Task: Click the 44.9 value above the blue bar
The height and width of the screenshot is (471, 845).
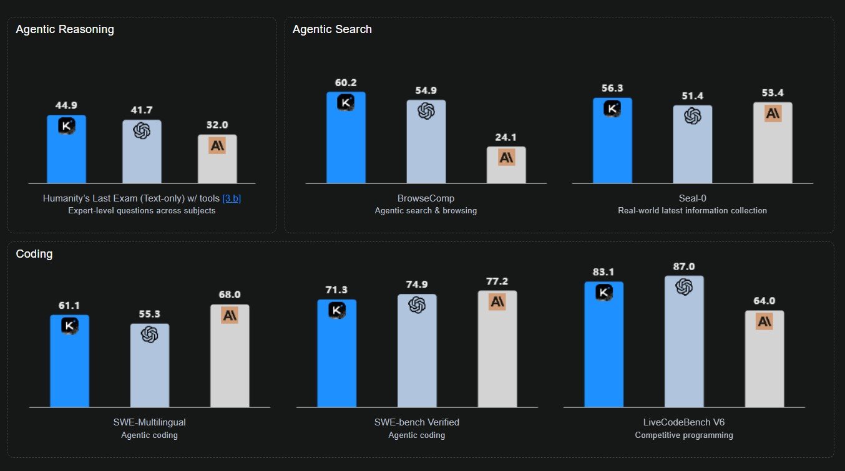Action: [66, 105]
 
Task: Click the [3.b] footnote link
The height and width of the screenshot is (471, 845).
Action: [232, 198]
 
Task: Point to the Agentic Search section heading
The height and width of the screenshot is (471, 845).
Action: [332, 29]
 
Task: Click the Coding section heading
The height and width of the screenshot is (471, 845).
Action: [34, 254]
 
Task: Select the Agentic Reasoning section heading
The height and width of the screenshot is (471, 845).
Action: [65, 29]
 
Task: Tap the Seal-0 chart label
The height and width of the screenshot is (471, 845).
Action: [692, 198]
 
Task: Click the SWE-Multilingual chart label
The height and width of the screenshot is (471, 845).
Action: [149, 422]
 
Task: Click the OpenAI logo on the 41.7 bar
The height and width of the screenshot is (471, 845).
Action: [142, 130]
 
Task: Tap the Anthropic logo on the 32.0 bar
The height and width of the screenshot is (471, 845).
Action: [217, 145]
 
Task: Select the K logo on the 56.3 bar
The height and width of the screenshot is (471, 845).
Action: [612, 109]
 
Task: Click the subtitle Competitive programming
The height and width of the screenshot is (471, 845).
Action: [684, 435]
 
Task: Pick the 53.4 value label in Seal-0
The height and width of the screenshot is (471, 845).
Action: [773, 93]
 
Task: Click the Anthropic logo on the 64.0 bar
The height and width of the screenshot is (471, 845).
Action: [764, 322]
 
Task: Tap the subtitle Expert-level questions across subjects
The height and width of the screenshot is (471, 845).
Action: [142, 211]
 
